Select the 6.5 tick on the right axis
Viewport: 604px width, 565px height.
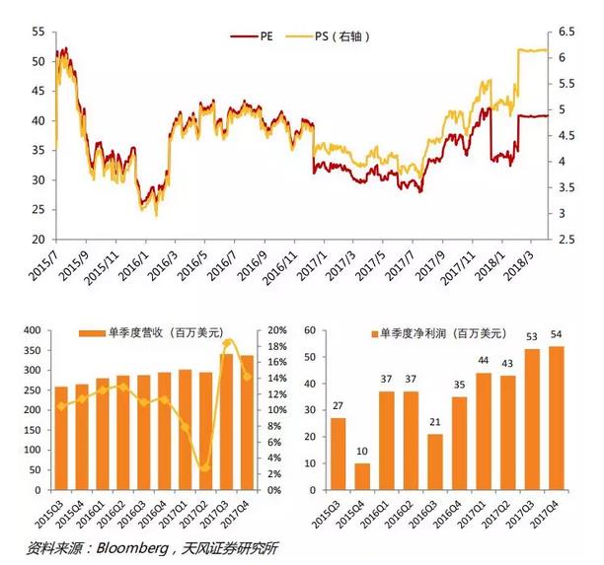[566, 33]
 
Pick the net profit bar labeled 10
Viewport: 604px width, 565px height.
[362, 476]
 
